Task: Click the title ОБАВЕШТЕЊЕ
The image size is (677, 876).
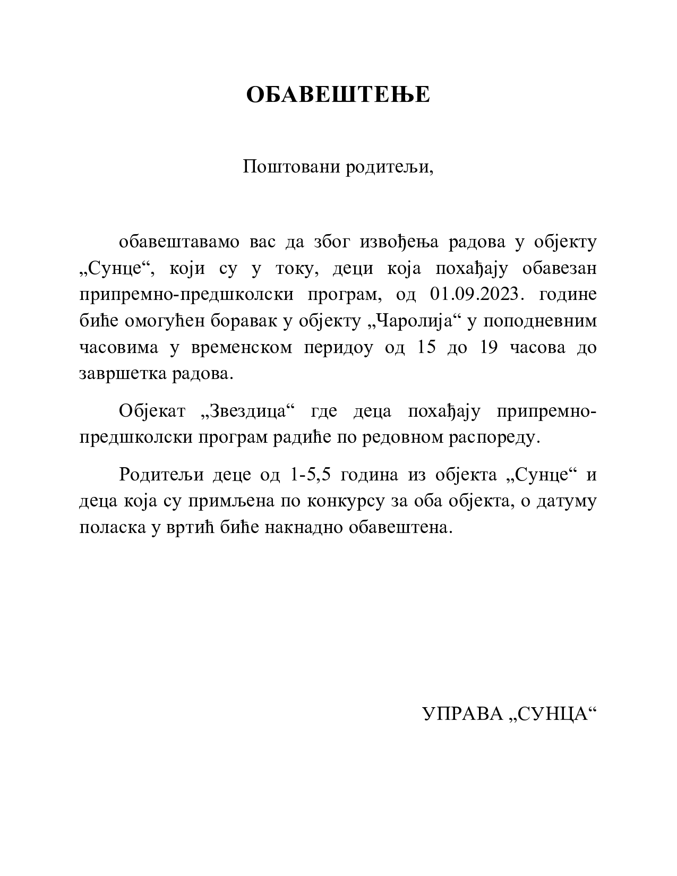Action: pyautogui.click(x=338, y=95)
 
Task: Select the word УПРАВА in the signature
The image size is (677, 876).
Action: pyautogui.click(x=461, y=715)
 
